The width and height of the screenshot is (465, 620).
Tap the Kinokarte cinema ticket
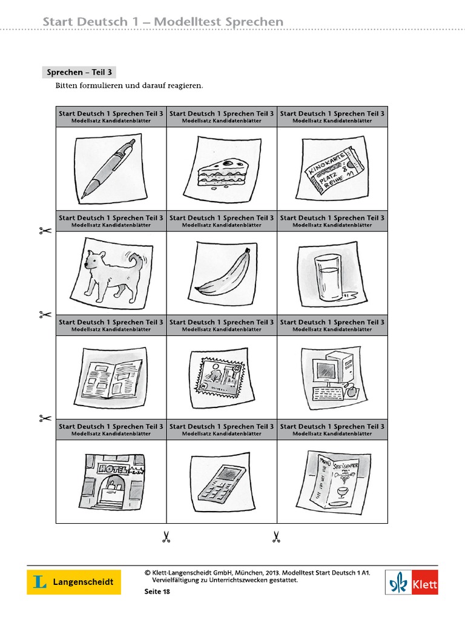tap(332, 171)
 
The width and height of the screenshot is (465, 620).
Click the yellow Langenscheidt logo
tap(73, 582)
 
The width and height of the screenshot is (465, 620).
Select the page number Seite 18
tap(157, 592)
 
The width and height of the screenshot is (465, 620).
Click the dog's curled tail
tap(136, 262)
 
